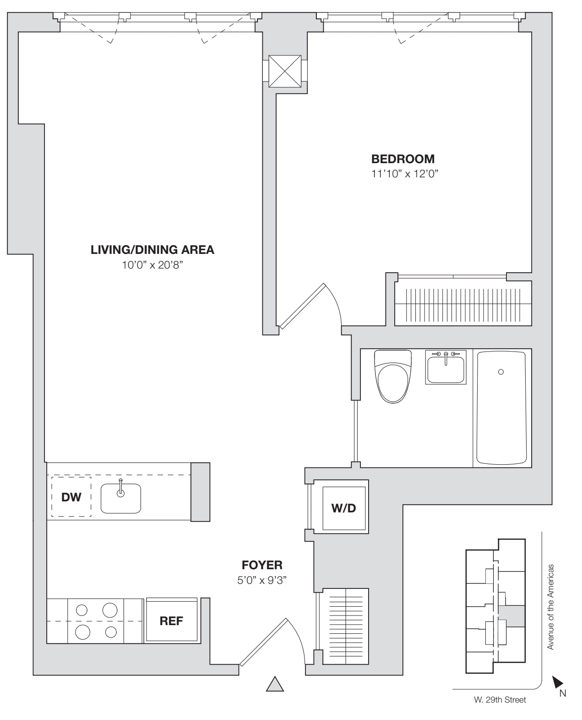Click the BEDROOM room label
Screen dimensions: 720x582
403,159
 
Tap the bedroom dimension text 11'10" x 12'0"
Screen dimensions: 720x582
403,174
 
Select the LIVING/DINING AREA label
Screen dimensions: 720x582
152,250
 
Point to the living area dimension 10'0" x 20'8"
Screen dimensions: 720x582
152,265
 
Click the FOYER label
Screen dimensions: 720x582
262,565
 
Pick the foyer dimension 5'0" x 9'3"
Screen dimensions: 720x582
262,580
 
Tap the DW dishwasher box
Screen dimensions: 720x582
71,497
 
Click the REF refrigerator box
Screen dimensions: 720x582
171,621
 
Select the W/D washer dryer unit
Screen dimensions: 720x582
343,508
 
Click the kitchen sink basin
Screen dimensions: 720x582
120,499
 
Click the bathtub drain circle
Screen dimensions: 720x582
501,372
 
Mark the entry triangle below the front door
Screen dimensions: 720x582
275,684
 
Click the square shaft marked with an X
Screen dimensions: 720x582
285,71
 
